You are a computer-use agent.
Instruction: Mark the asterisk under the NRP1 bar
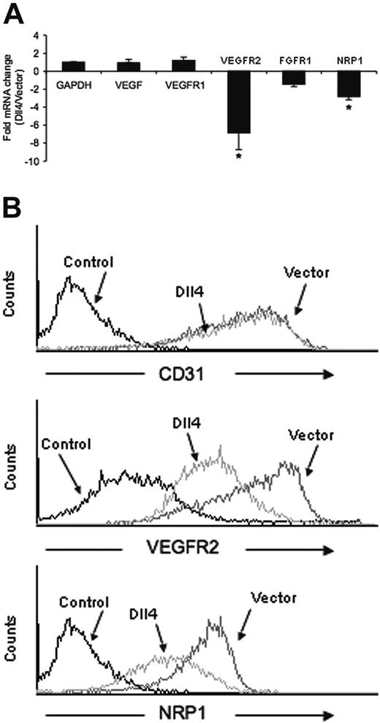[x=332, y=107]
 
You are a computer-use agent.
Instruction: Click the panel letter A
[x=14, y=11]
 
